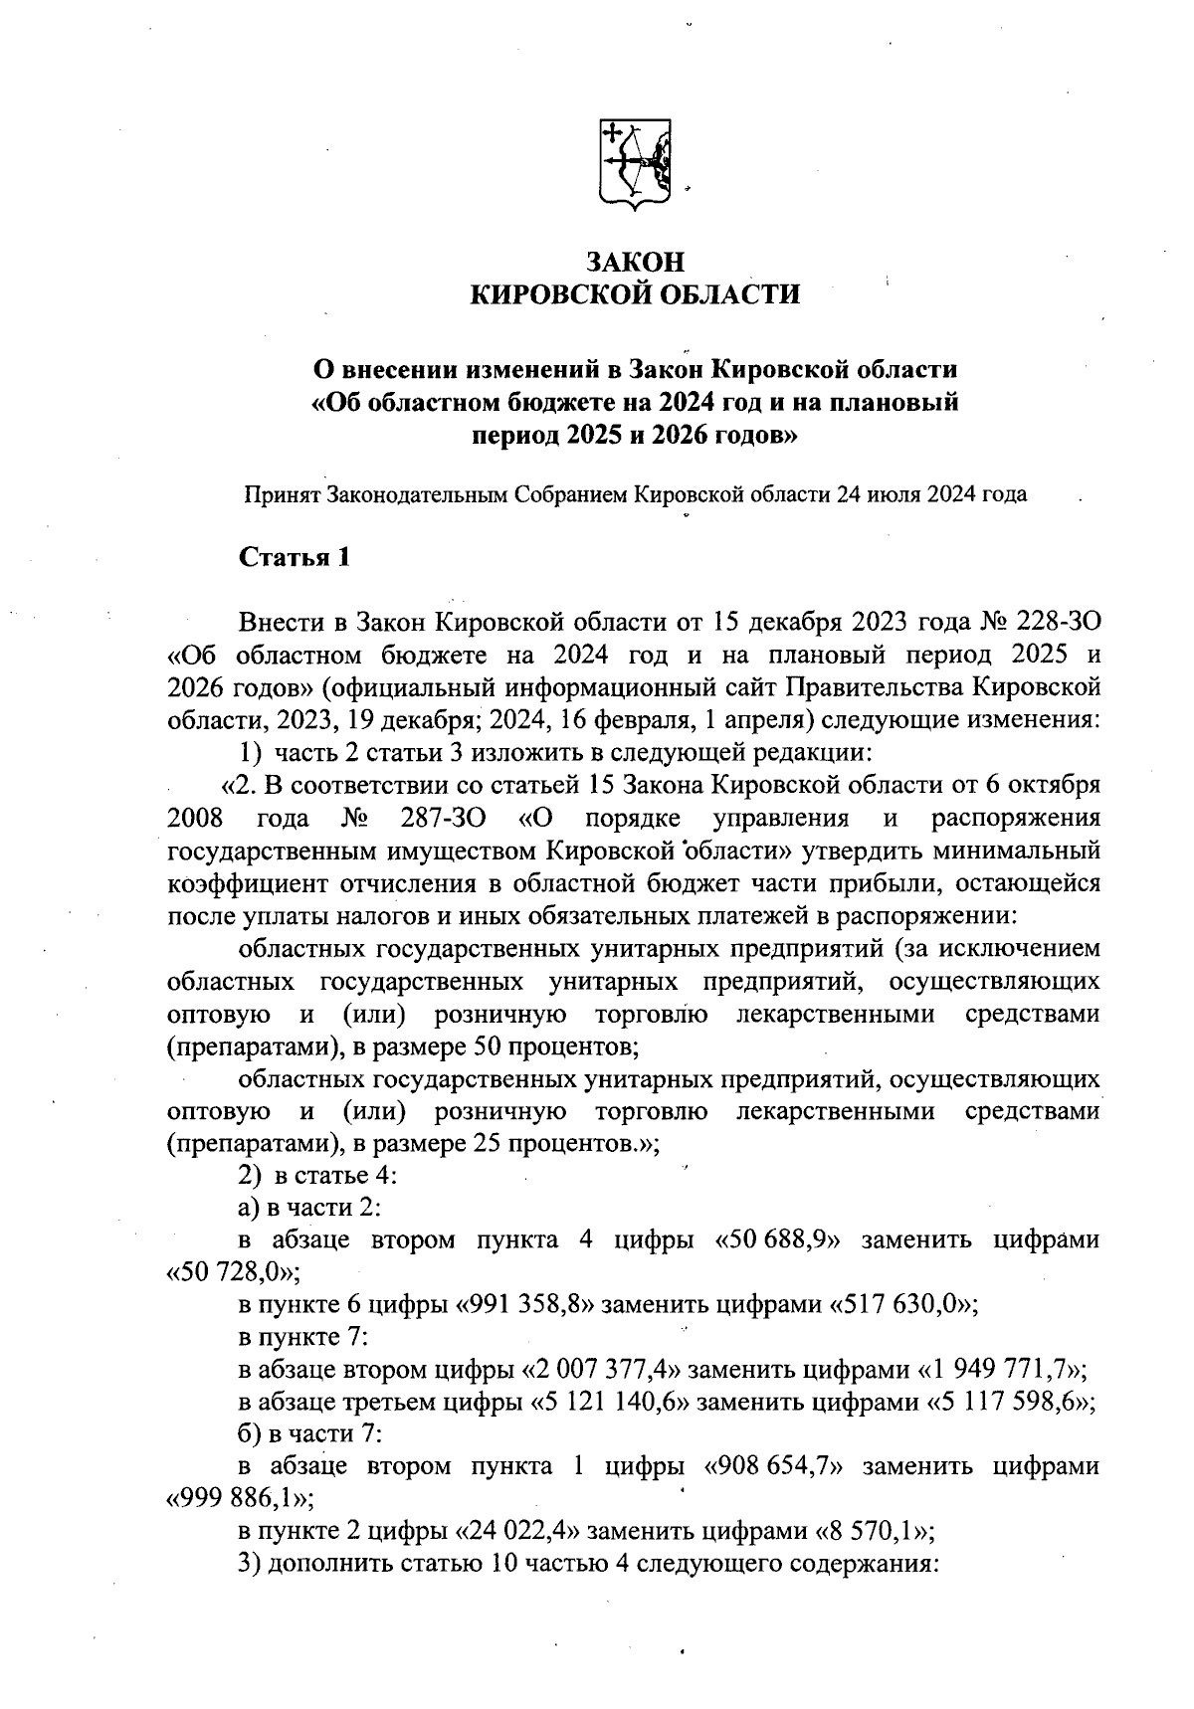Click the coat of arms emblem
pyautogui.click(x=633, y=163)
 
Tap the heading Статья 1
pyautogui.click(x=295, y=557)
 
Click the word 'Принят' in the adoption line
pyautogui.click(x=282, y=493)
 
